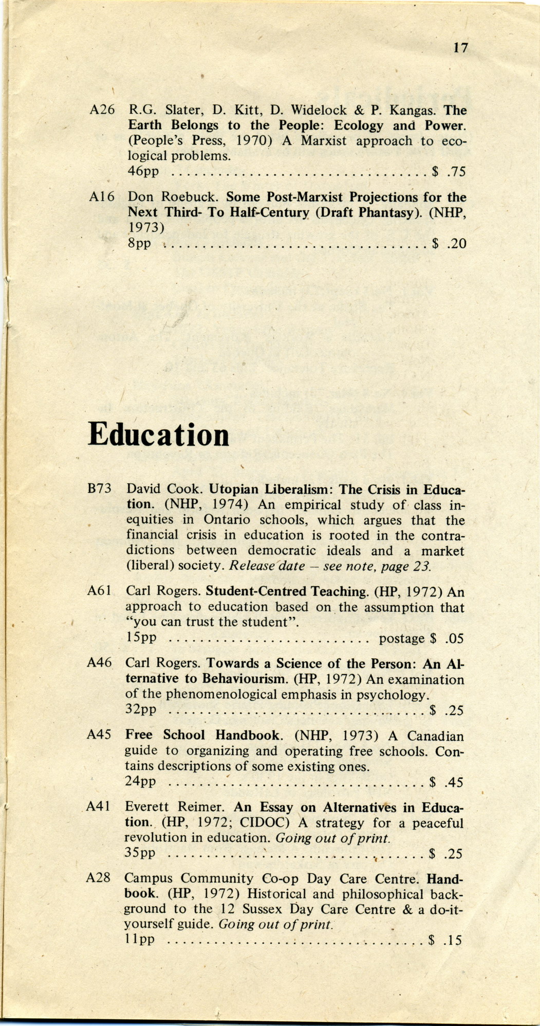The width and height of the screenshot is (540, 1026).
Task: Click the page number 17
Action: [460, 48]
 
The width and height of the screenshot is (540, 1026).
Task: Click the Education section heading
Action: [159, 435]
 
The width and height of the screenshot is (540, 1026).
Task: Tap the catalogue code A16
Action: [102, 197]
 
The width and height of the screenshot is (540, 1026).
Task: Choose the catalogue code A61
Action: [99, 591]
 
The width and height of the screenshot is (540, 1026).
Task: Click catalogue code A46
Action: [100, 663]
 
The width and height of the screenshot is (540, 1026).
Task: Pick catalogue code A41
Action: [99, 806]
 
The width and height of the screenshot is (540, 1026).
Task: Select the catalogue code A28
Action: [99, 878]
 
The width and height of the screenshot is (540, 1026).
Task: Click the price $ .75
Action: [449, 172]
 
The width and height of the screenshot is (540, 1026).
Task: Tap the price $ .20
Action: [449, 243]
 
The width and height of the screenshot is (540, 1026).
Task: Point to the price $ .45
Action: [446, 783]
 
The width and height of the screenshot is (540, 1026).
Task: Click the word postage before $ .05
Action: [401, 639]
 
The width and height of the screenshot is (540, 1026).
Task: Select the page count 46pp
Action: [143, 172]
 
